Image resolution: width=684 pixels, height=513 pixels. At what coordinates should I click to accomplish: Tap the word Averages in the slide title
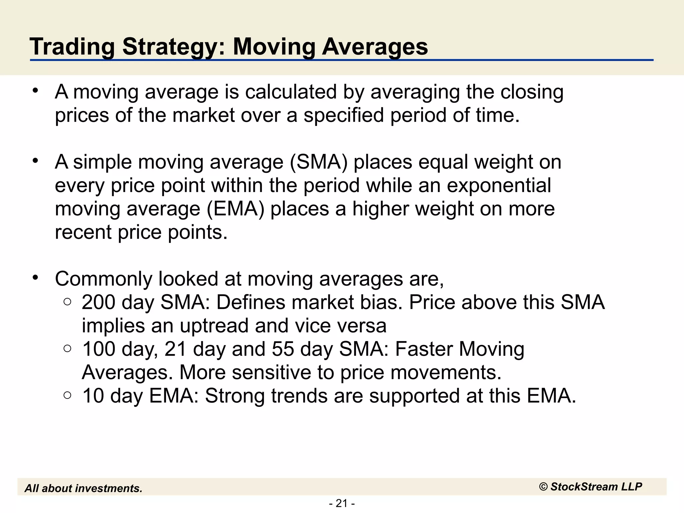point(375,47)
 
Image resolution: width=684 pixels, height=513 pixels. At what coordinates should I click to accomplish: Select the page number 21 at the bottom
point(342,503)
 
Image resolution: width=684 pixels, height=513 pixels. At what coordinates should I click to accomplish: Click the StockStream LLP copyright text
point(590,487)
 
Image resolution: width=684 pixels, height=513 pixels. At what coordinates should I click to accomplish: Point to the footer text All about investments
point(83,488)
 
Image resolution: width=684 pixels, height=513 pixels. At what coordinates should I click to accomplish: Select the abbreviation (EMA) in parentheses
point(235,209)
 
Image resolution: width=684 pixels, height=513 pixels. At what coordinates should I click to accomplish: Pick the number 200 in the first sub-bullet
point(99,303)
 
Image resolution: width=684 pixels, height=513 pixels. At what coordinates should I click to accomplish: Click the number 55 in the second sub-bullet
point(283,349)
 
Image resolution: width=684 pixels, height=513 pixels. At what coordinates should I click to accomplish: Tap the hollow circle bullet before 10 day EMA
point(67,395)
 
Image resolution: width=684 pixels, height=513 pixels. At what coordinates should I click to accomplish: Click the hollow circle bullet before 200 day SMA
point(67,302)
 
